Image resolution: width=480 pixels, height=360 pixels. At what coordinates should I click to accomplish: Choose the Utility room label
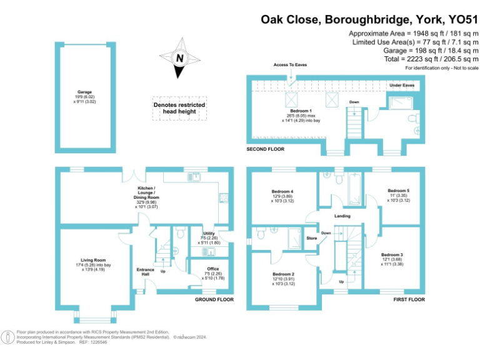tap(209, 233)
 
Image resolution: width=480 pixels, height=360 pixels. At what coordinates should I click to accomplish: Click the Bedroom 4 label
tap(282, 191)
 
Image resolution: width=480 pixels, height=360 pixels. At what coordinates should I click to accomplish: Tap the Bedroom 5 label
tap(398, 190)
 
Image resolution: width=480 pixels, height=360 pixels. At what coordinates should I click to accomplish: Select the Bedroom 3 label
tap(392, 255)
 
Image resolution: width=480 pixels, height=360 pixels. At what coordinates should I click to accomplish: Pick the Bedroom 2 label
tap(283, 274)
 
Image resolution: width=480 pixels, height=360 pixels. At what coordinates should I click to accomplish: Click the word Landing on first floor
tap(342, 216)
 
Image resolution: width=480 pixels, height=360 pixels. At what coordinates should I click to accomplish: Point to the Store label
tap(312, 238)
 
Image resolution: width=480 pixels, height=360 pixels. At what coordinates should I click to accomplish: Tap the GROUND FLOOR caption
tap(214, 300)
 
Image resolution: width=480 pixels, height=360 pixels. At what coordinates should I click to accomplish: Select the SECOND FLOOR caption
tap(266, 149)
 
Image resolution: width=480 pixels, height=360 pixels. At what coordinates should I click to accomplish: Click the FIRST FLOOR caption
tap(409, 300)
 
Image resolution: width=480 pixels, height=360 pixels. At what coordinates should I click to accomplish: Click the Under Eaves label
tap(401, 85)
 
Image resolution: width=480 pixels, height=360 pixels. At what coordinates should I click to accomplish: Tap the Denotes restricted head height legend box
tap(179, 108)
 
